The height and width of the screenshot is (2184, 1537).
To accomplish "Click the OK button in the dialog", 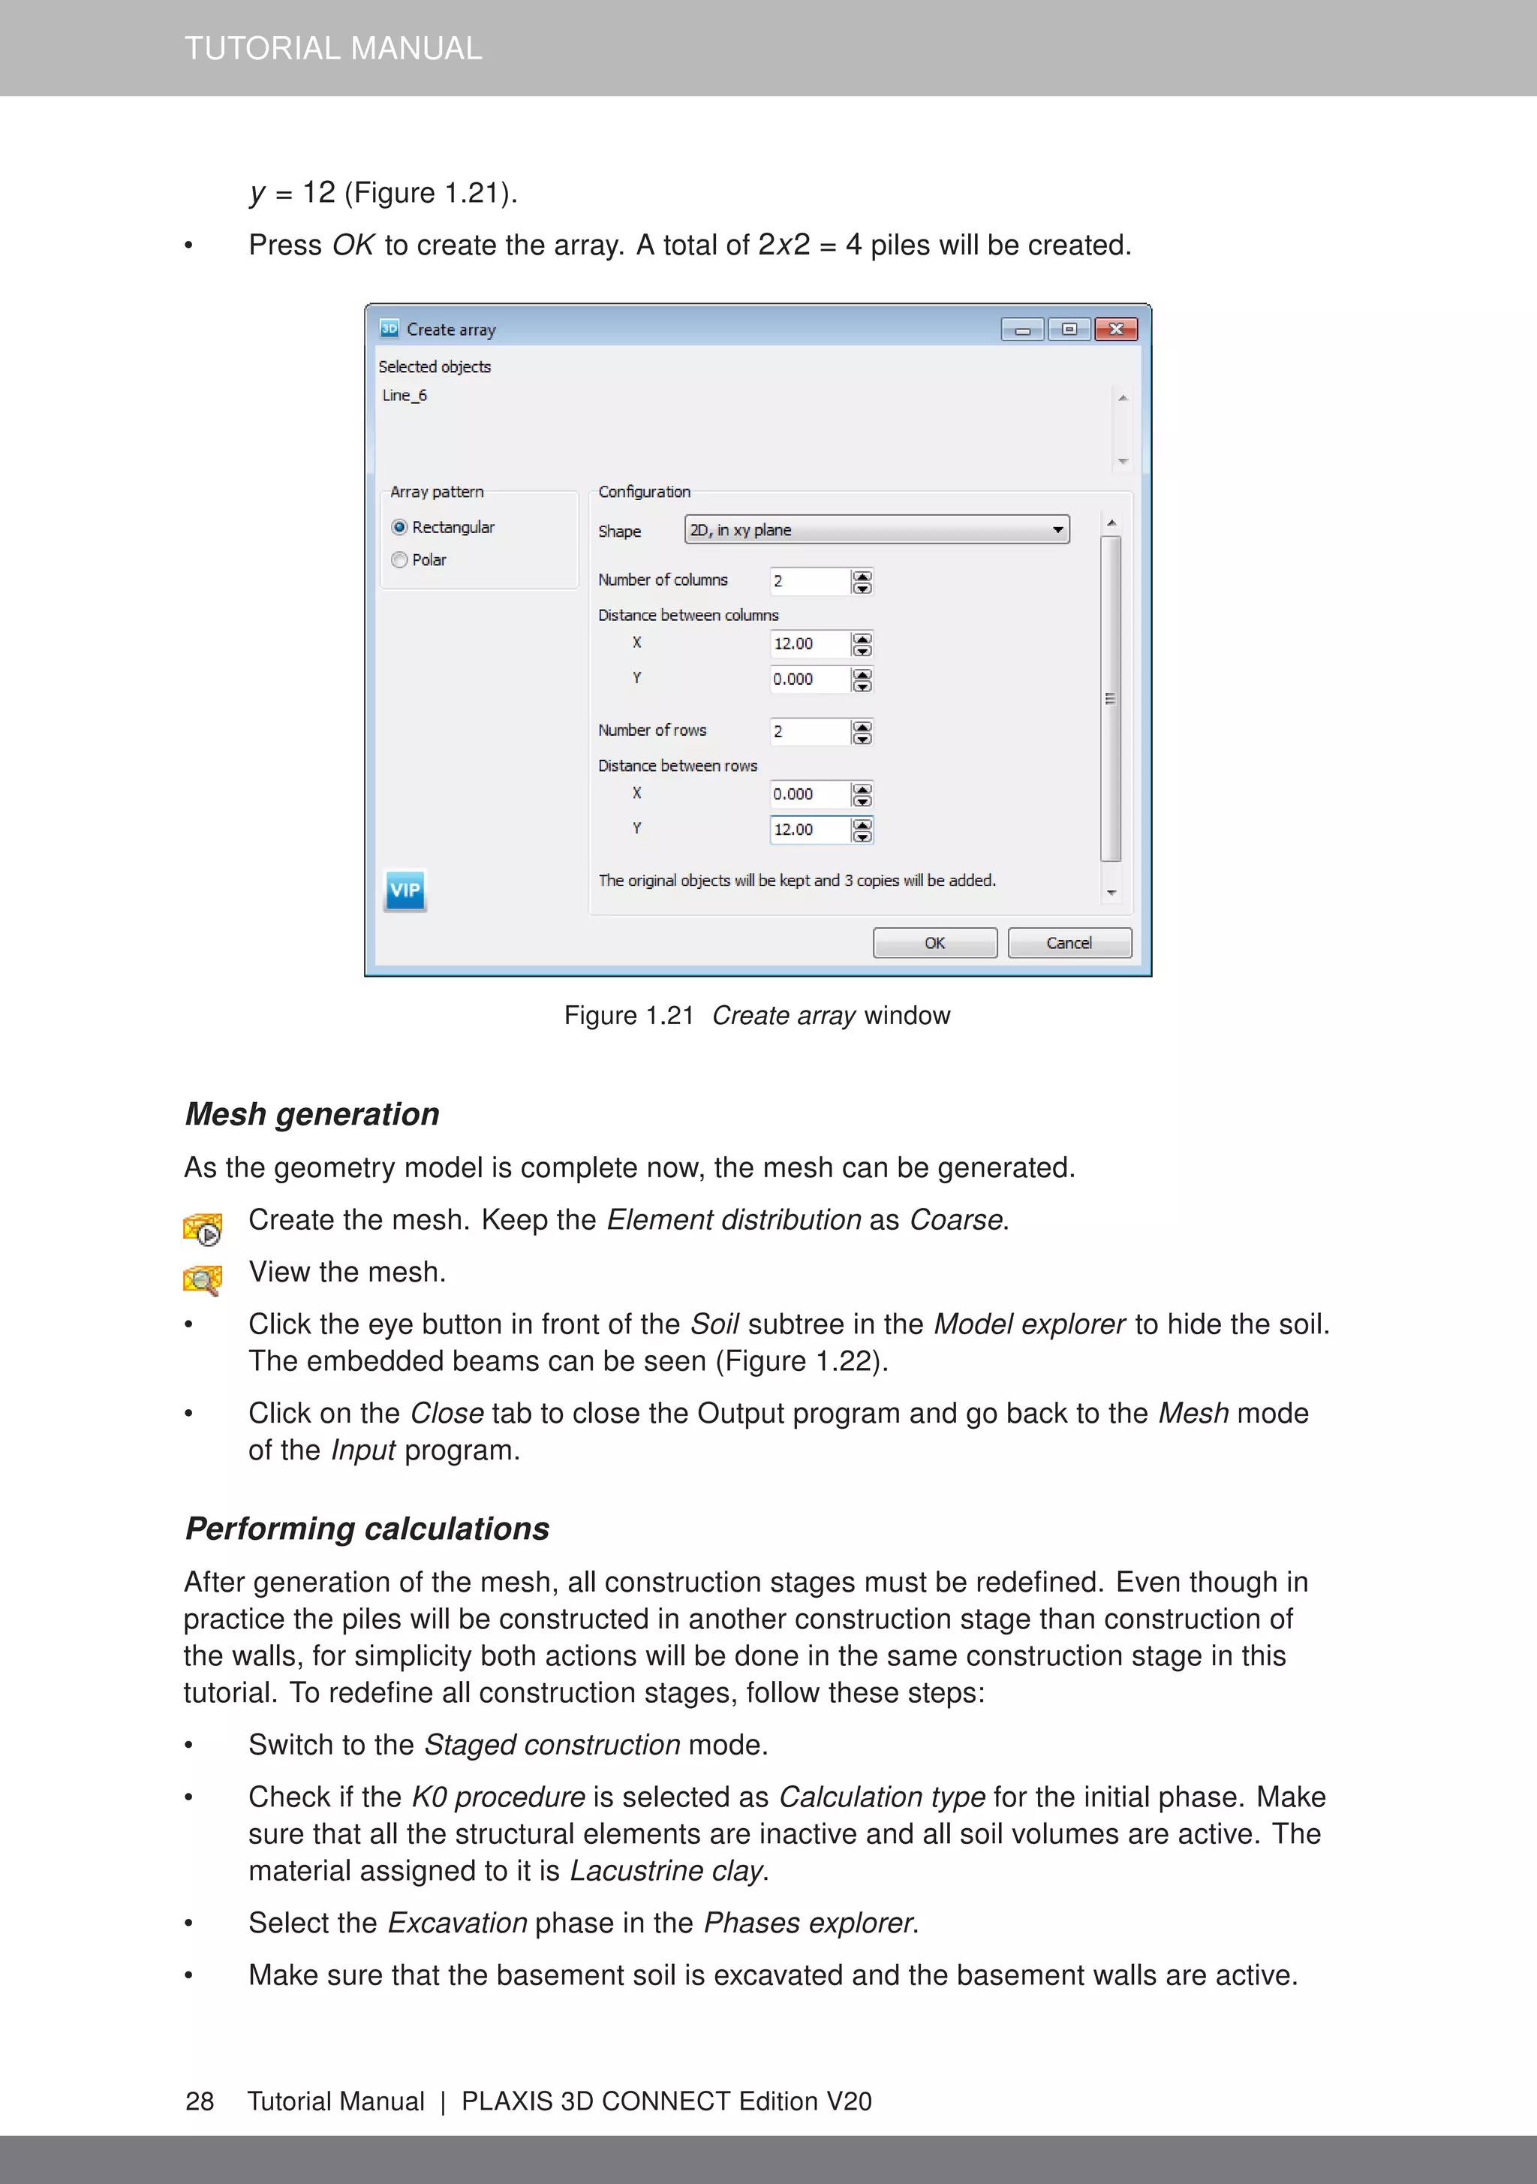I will pyautogui.click(x=934, y=943).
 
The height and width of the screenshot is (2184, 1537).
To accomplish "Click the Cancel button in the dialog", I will pyautogui.click(x=1069, y=943).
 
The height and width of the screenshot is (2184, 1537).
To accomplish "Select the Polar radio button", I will pyautogui.click(x=399, y=560).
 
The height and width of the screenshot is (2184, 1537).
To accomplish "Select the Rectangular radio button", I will pyautogui.click(x=399, y=527).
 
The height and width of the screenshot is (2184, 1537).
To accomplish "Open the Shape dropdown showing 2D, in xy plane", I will pyautogui.click(x=876, y=530).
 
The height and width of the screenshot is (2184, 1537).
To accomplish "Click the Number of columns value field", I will pyautogui.click(x=808, y=581).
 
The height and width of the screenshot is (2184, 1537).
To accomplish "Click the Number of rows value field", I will pyautogui.click(x=808, y=731).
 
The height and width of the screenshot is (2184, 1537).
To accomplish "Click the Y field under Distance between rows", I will pyautogui.click(x=808, y=830).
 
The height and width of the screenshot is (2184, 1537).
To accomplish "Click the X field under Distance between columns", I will pyautogui.click(x=808, y=644).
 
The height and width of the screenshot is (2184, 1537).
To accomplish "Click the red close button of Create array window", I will pyautogui.click(x=1116, y=329).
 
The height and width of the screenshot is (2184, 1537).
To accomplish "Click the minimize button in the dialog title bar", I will pyautogui.click(x=1022, y=329).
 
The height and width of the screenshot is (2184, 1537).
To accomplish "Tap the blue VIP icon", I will pyautogui.click(x=405, y=890).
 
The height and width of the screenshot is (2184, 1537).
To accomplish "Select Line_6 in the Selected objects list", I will pyautogui.click(x=405, y=396).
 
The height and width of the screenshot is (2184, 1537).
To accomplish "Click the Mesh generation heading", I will pyautogui.click(x=312, y=1114).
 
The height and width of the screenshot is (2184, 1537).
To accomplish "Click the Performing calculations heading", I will pyautogui.click(x=367, y=1529).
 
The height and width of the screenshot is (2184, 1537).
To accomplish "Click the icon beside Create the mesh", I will pyautogui.click(x=203, y=1228).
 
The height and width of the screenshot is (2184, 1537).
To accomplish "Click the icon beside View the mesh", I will pyautogui.click(x=203, y=1279).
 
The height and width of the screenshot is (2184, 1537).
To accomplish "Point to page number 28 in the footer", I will pyautogui.click(x=200, y=2101).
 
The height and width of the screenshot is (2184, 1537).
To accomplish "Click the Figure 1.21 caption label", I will pyautogui.click(x=629, y=1016).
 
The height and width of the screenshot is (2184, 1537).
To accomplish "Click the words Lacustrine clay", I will pyautogui.click(x=666, y=1871).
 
